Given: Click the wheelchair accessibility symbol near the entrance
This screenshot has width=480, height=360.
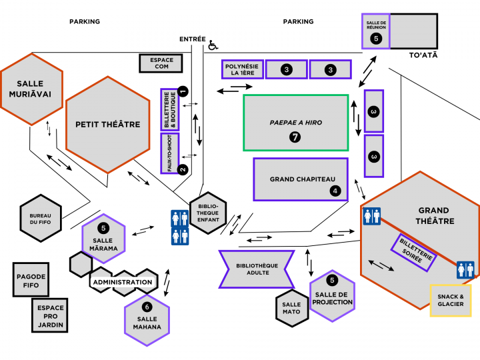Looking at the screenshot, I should [x=213, y=45].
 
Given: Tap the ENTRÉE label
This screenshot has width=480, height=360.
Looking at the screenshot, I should [x=192, y=39].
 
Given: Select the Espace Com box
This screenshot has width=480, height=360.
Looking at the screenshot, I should [x=161, y=63].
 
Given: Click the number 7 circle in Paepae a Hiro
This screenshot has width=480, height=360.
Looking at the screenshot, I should [x=295, y=137].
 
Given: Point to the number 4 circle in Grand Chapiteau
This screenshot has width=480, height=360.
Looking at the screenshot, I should [x=335, y=191].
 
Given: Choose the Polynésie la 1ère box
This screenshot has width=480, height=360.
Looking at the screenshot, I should [x=241, y=69].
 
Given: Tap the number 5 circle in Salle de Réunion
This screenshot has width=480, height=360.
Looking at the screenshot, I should [x=376, y=39].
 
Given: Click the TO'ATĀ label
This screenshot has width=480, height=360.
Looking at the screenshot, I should [x=423, y=55].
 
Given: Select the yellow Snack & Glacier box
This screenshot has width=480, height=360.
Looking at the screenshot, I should [x=450, y=300].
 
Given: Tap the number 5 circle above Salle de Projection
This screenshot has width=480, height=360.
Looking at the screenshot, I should [x=331, y=281].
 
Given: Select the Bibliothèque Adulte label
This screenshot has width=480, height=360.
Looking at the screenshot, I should [x=257, y=269].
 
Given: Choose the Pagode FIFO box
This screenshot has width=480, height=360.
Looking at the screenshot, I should [x=31, y=280].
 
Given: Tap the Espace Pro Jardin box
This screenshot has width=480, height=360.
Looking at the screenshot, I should [x=51, y=315].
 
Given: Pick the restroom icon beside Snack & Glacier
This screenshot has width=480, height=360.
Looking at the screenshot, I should [x=465, y=269].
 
